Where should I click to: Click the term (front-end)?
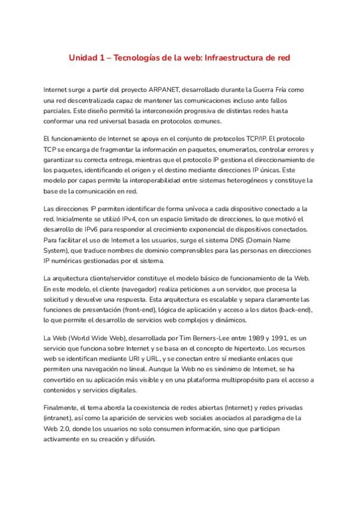click(158, 310)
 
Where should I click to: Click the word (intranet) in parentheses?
click(62, 417)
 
